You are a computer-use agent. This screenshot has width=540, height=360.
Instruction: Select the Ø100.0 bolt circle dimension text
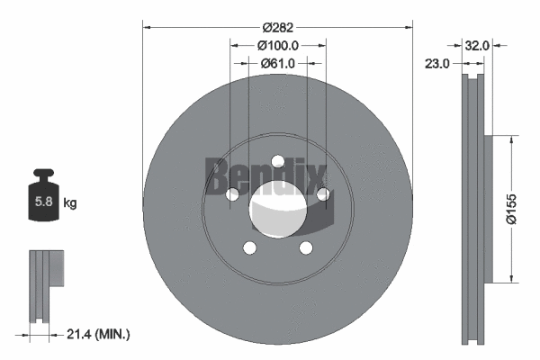click(x=277, y=45)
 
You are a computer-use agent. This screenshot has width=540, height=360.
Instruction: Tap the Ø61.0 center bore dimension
click(x=277, y=63)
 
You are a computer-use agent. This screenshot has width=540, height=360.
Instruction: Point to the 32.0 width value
click(x=476, y=44)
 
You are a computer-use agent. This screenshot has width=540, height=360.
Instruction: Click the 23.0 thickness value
click(x=439, y=63)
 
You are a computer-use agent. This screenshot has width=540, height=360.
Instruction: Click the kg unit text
click(x=69, y=203)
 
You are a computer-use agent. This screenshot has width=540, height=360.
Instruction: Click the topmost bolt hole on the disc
click(x=277, y=162)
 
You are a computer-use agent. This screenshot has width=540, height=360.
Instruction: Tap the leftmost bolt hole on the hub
click(x=232, y=194)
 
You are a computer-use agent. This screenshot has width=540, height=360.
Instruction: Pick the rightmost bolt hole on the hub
click(x=322, y=194)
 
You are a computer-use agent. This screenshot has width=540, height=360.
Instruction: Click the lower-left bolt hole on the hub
click(x=249, y=247)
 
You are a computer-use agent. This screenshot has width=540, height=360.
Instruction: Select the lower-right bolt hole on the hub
click(x=305, y=247)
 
